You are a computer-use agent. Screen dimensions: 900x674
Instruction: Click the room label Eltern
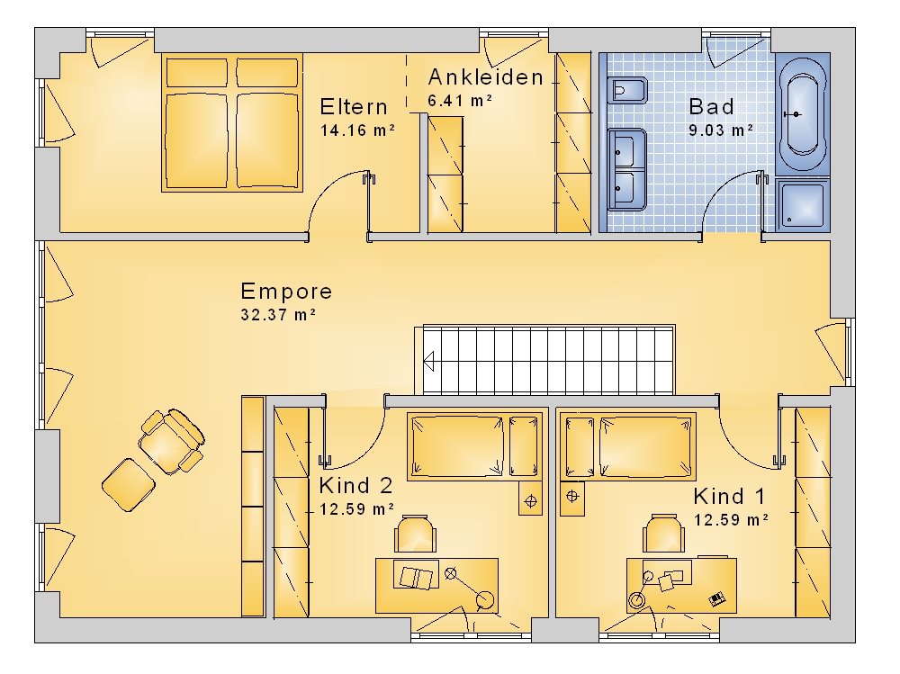(x=354, y=107)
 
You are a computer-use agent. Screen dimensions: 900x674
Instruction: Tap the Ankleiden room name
(x=486, y=76)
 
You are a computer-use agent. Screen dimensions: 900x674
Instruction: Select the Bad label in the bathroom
(x=711, y=106)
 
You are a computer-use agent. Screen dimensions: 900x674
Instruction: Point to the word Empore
(x=286, y=291)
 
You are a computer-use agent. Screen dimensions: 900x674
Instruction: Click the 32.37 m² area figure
(x=278, y=315)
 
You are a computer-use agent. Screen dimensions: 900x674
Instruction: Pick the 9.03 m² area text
(x=721, y=130)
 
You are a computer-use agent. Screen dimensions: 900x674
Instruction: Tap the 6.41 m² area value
(x=460, y=101)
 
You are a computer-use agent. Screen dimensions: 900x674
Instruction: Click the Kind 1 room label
(x=730, y=496)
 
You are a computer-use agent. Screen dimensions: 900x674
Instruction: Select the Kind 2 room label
(x=355, y=486)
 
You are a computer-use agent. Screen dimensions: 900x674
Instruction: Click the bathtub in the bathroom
(x=803, y=113)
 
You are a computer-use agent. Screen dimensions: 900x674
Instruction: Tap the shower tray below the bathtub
(x=803, y=203)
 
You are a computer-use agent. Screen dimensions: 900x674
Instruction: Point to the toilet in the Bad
(x=628, y=91)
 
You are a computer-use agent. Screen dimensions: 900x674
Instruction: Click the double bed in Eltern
(x=232, y=122)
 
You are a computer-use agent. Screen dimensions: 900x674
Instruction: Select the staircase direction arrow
(x=428, y=363)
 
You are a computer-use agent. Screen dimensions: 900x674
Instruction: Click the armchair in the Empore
(x=171, y=441)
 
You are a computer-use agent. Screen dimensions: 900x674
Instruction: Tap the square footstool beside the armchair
(x=129, y=484)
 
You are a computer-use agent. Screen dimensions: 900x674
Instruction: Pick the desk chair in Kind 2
(x=415, y=534)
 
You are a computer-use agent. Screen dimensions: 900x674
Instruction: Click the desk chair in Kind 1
(x=663, y=534)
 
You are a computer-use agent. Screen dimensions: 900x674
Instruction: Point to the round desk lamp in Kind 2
(x=486, y=600)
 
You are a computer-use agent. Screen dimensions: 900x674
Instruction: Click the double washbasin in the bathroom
(x=627, y=170)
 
